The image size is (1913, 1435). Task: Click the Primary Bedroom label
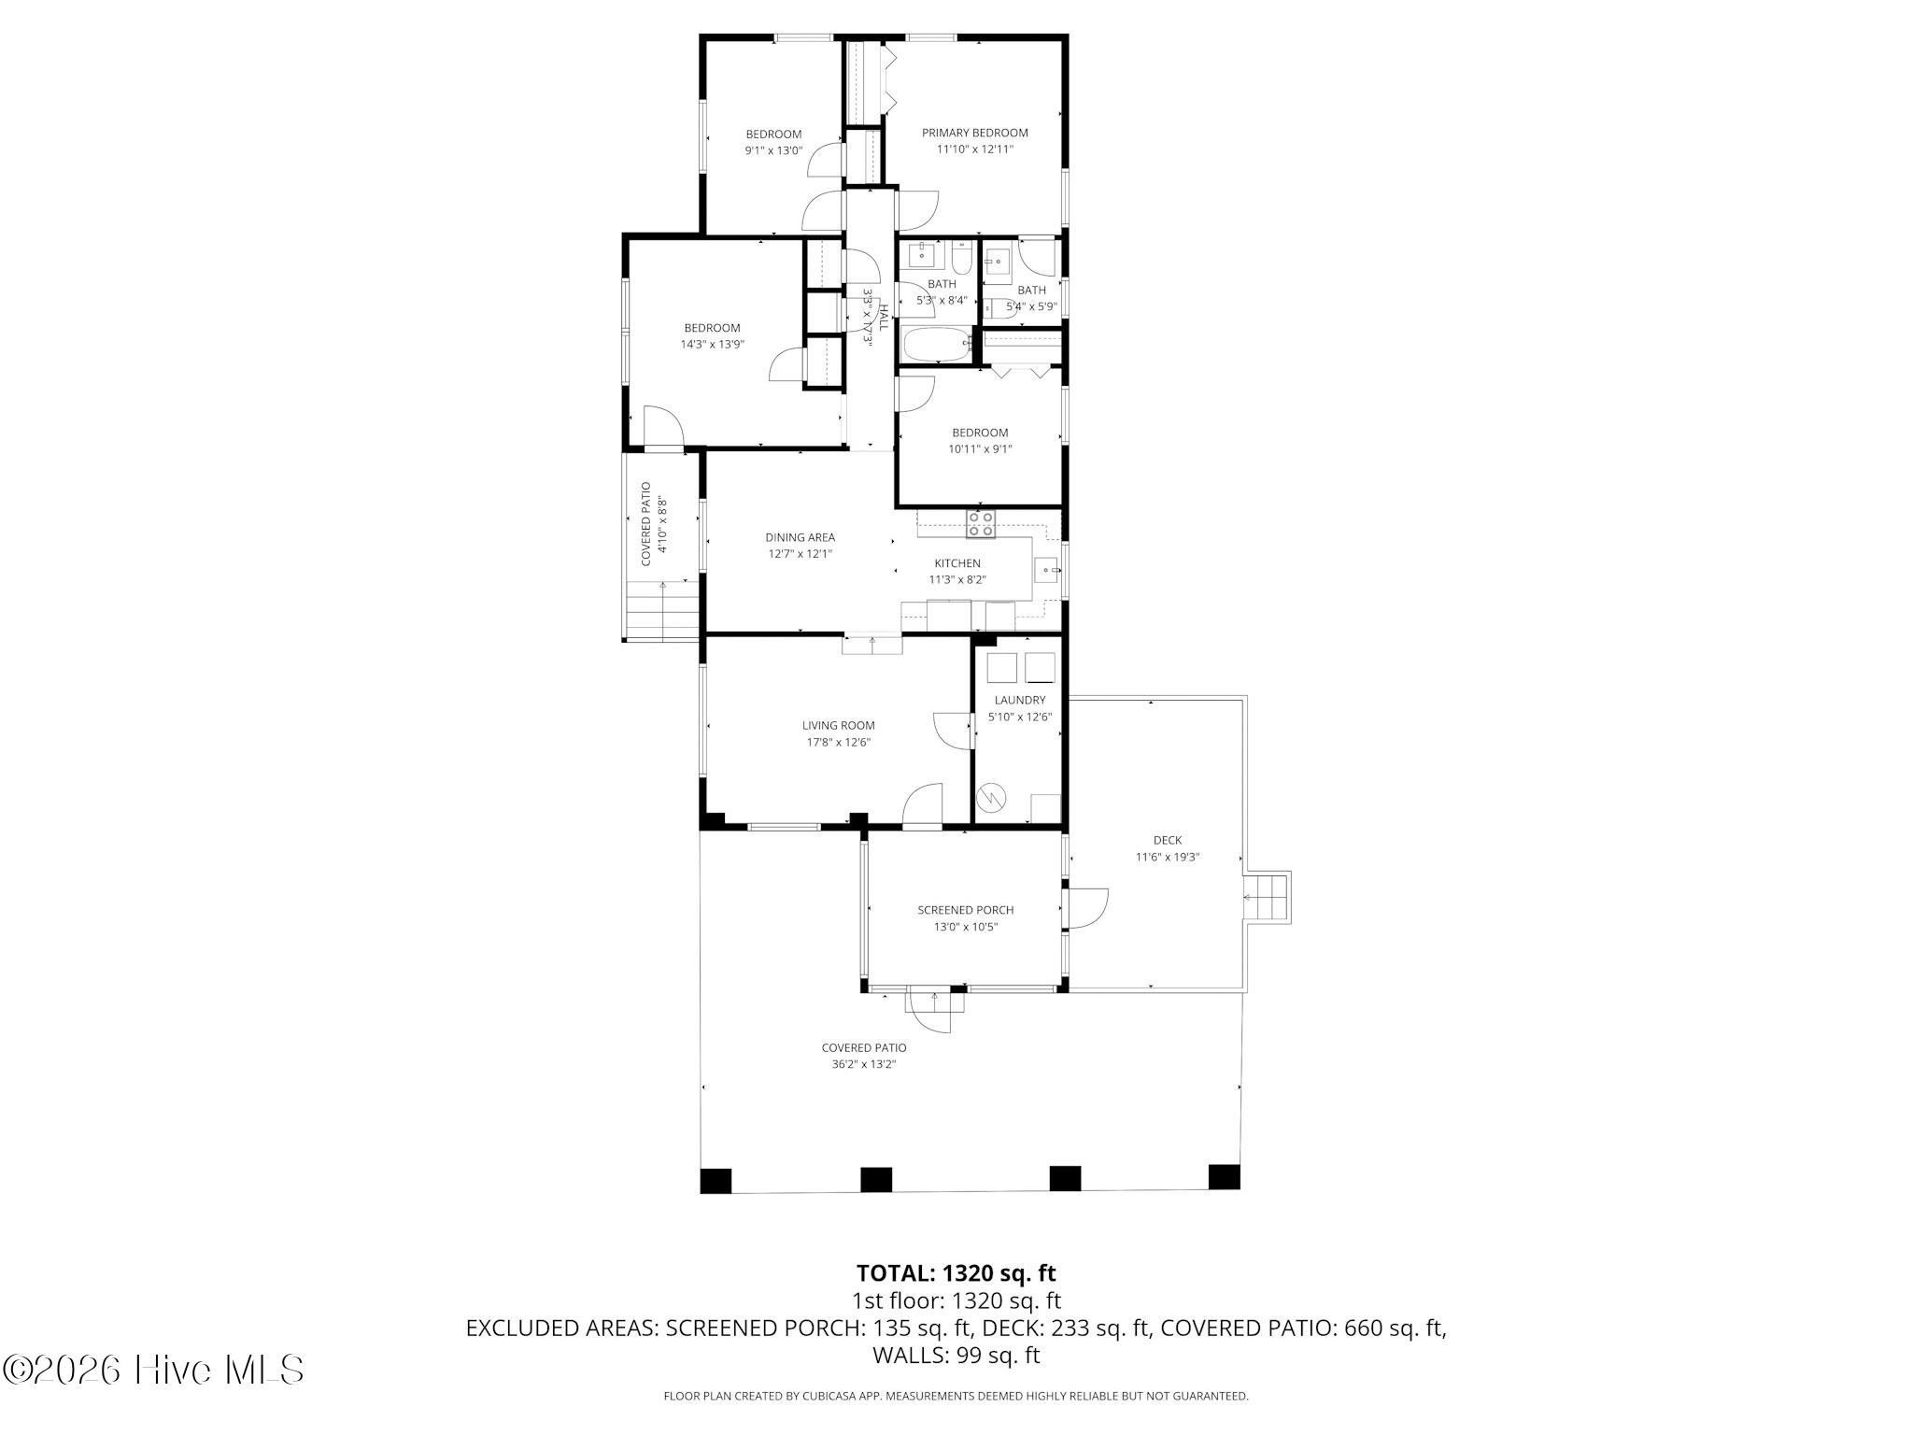point(974,133)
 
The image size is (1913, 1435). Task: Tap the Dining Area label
point(800,537)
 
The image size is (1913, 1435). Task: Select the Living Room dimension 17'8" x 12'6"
point(839,742)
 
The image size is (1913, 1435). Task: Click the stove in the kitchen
point(981,524)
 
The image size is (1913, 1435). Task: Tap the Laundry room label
point(1020,700)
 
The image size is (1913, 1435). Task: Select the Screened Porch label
point(965,910)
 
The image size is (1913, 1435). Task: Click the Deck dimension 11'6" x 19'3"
point(1167,857)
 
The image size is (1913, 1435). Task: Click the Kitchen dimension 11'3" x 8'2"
point(957,579)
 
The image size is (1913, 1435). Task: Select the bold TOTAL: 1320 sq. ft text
point(956,1272)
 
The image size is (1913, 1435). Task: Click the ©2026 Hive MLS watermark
point(153,1370)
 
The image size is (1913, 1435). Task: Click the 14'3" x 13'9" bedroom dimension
point(712,344)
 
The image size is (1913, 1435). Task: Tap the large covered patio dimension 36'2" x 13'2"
point(864,1064)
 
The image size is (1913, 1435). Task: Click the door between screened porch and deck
point(1084,907)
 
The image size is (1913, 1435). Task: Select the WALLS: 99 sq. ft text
point(956,1355)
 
